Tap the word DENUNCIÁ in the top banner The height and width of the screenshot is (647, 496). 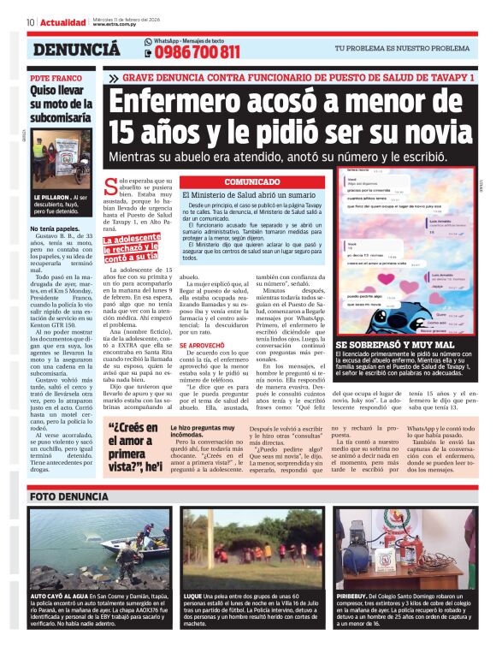click(76, 50)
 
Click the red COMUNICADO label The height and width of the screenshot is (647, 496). click(252, 182)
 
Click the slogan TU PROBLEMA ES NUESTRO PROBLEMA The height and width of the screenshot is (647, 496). click(402, 49)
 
